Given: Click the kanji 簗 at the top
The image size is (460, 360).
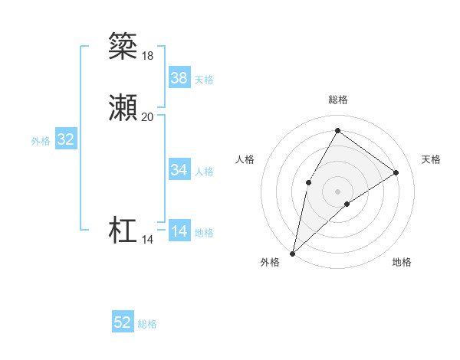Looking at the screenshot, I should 123,46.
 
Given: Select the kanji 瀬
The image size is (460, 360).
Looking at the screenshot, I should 123,108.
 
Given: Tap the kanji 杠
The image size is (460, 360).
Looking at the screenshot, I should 123,231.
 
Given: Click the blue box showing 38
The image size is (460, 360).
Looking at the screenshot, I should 179,78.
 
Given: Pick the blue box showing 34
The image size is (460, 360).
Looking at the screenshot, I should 179,170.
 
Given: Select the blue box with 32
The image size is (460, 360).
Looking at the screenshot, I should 66,139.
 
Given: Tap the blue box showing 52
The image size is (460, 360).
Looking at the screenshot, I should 123,322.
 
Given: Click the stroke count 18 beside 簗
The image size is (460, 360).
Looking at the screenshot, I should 147,55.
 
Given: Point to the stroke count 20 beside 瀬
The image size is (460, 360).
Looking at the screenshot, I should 147,116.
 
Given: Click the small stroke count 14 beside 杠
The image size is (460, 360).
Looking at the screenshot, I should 147,240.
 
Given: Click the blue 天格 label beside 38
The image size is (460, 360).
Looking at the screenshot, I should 204,80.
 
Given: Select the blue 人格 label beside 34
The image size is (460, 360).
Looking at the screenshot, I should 204,172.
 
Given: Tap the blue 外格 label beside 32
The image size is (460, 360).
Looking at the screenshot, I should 41,141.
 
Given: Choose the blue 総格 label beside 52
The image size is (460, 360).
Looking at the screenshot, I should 147,324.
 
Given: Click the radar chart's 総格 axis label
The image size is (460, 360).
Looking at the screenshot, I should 337,100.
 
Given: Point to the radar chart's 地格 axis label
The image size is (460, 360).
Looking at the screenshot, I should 402,262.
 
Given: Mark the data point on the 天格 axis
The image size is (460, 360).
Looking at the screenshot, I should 396,172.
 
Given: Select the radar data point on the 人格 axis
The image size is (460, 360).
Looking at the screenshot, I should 308,182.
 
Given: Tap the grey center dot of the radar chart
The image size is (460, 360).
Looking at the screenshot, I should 337,191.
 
